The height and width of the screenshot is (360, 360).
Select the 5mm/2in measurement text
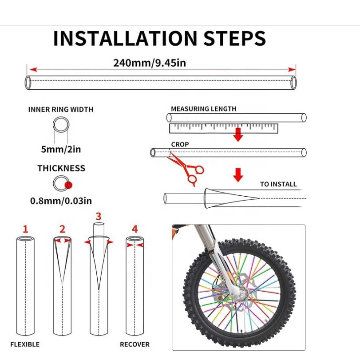coord(61,149)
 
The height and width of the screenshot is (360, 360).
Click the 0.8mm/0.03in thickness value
coord(61,201)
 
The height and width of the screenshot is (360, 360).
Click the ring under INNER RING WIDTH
coord(61,125)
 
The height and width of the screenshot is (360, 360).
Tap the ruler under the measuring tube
coord(223,128)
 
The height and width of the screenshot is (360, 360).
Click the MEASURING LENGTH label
coord(203,109)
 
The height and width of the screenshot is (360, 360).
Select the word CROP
coord(180,145)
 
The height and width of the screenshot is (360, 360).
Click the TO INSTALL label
coord(278,184)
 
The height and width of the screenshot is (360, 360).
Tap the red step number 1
coord(25,229)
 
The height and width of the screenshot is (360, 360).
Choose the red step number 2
coord(62,229)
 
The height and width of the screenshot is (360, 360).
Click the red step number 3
coord(99,216)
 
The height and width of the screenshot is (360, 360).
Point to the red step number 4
coord(135,229)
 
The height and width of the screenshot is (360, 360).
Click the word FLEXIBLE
coord(25,344)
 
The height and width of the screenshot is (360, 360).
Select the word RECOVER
coord(135,344)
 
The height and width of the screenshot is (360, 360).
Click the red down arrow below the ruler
coord(238,135)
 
